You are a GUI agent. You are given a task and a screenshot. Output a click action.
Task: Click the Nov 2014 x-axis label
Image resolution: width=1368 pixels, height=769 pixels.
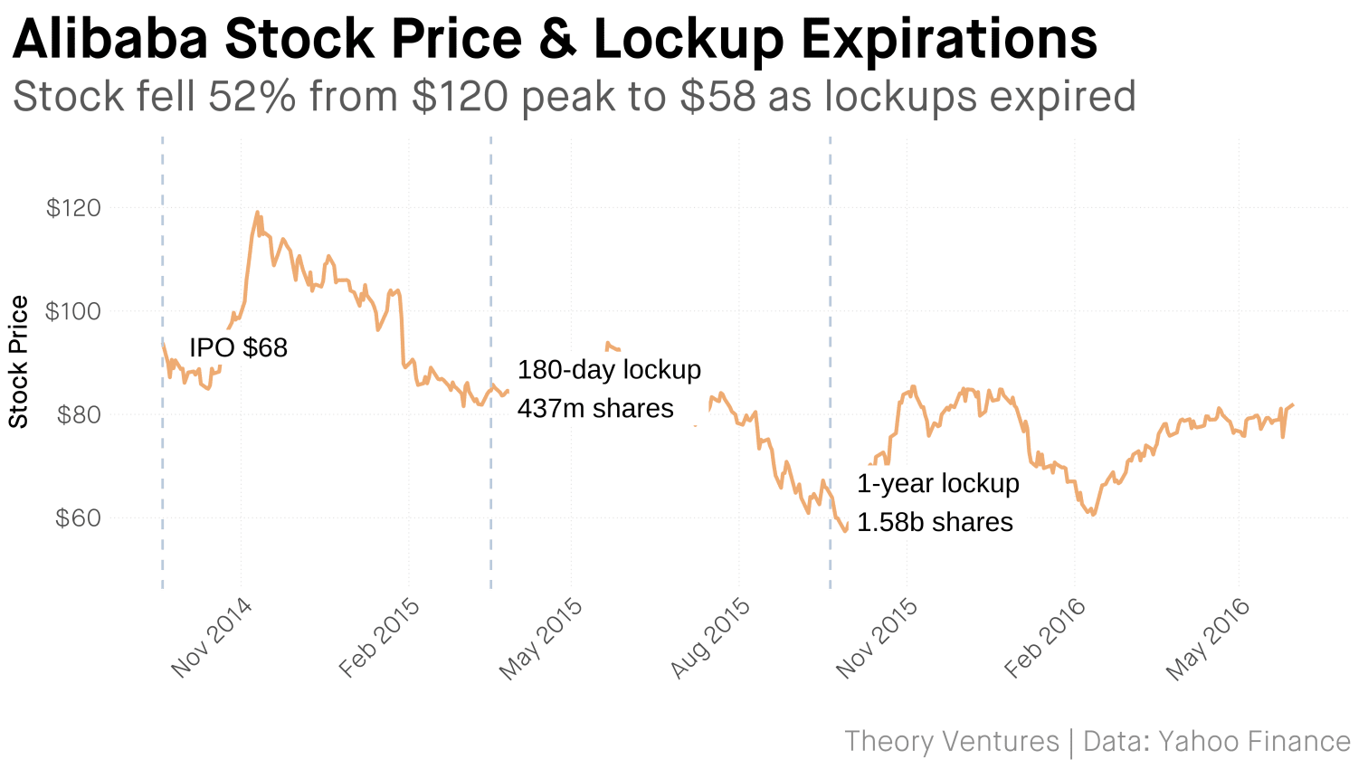(x=212, y=638)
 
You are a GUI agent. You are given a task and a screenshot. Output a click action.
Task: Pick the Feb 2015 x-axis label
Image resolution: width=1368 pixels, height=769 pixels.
(x=379, y=638)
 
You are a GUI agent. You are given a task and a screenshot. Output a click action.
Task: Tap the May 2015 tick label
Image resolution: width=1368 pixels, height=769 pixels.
(x=541, y=638)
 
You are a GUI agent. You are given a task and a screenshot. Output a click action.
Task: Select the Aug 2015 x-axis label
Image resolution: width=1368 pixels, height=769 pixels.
(x=710, y=638)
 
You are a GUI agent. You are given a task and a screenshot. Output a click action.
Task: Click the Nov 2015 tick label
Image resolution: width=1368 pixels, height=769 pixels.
(x=877, y=638)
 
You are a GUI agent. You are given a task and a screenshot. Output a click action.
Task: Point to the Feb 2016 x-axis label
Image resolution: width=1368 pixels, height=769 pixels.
(x=1045, y=638)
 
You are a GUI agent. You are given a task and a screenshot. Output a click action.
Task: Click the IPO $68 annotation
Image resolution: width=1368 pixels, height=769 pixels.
(x=238, y=348)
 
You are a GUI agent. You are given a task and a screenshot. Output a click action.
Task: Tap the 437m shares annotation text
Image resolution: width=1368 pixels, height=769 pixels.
(x=595, y=409)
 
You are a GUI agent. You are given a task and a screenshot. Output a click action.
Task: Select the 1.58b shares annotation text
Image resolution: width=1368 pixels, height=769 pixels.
(x=935, y=523)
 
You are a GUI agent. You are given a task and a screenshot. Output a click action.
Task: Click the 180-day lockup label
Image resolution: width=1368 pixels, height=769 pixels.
(x=609, y=370)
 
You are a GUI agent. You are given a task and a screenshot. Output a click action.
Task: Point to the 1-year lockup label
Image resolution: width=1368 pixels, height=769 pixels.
(x=938, y=484)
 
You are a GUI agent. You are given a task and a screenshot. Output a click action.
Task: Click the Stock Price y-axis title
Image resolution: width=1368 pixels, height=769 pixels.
(x=19, y=362)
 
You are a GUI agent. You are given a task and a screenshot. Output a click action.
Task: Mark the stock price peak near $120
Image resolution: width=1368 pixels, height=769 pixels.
(x=257, y=213)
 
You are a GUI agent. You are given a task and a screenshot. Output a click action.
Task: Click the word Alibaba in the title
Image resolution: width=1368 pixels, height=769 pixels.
(x=110, y=40)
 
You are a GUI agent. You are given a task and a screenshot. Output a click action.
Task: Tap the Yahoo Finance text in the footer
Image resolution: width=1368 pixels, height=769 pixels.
(x=1254, y=742)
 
